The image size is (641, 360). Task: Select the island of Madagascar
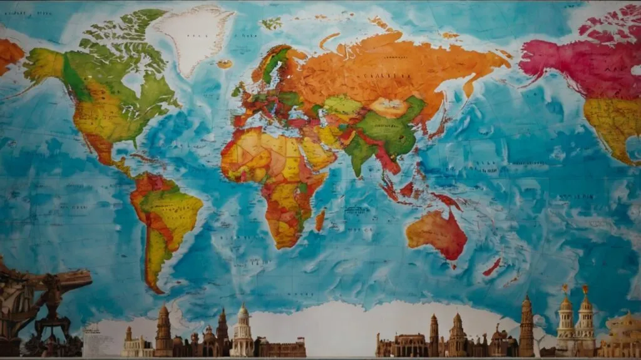click(x=320, y=220)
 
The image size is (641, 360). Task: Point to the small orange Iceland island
click(x=225, y=63)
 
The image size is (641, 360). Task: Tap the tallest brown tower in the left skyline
click(x=163, y=331)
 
